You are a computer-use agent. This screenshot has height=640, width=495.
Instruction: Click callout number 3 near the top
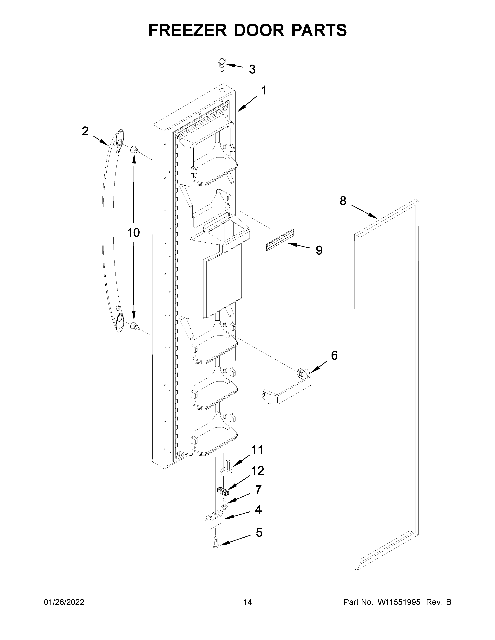[252, 69]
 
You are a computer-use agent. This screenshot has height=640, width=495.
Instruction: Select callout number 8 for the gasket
[343, 201]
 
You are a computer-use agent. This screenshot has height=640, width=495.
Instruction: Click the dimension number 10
[133, 233]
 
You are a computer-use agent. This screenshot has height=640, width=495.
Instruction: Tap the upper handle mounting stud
[135, 150]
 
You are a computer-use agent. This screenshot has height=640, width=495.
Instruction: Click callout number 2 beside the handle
[85, 131]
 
